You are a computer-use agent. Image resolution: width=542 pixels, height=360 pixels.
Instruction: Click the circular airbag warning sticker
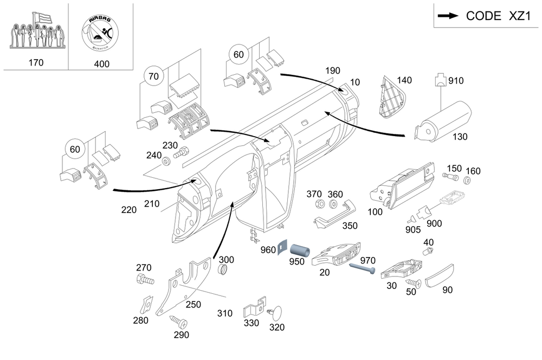tap(100, 33)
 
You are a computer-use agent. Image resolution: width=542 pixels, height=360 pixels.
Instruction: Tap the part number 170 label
tap(36, 62)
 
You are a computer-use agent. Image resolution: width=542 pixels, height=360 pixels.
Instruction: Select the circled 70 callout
tap(153, 76)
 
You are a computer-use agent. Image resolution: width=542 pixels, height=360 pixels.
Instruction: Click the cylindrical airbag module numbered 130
tap(443, 121)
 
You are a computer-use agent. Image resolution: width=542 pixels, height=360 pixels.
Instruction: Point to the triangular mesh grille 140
tap(391, 97)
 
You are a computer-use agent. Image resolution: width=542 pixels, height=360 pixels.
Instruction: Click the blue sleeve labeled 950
tap(299, 250)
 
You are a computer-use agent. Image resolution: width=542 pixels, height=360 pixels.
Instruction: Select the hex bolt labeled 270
tap(145, 279)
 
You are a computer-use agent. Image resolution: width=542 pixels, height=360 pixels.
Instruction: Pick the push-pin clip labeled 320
tap(275, 313)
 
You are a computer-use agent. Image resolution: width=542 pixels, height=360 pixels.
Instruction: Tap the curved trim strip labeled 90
tap(438, 276)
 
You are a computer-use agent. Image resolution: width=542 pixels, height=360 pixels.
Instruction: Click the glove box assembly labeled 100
tap(402, 186)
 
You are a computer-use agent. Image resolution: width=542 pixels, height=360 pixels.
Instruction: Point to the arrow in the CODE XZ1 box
tap(448, 16)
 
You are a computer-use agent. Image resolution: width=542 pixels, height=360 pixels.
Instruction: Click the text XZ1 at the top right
tap(520, 16)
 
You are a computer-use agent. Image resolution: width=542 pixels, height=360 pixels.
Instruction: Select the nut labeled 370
tap(320, 204)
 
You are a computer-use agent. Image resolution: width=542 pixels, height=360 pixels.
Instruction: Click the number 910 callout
tap(456, 81)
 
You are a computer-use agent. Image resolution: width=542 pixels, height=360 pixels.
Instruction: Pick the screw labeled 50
tap(414, 284)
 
